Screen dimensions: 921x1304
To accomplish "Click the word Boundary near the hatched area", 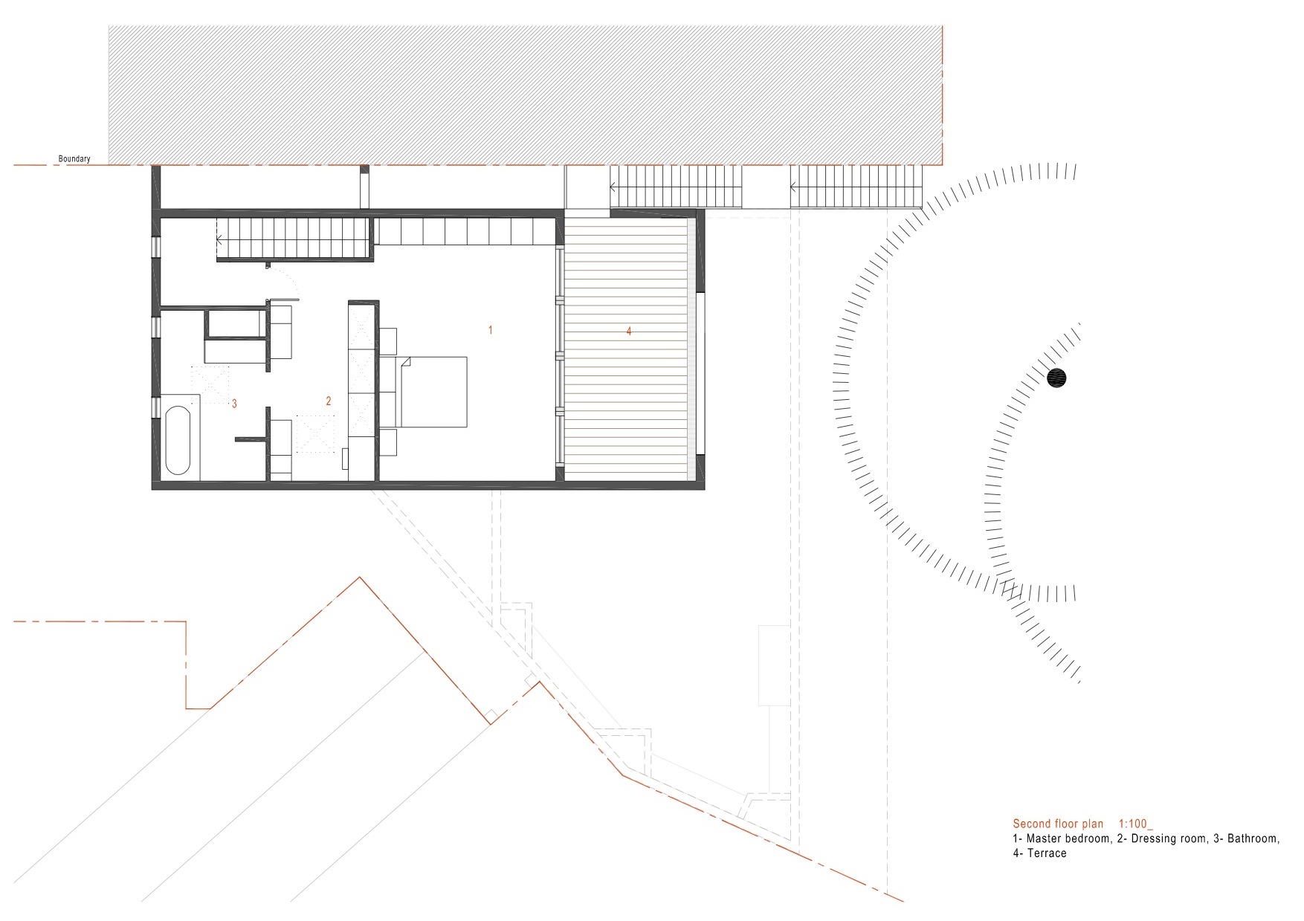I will pos(74,158).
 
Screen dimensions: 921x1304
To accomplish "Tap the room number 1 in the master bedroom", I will pos(490,329).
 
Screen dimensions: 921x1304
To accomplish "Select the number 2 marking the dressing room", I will pos(329,401).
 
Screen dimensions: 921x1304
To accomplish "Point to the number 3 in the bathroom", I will pos(234,404).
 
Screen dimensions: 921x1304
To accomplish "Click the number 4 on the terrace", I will pos(629,332).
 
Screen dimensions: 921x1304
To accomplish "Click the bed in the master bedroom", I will pos(434,392).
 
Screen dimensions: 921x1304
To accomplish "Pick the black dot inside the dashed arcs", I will pos(1057,378).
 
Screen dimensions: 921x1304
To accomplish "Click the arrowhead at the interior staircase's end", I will pos(220,240).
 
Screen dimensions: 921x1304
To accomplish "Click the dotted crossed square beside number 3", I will pos(210,384).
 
